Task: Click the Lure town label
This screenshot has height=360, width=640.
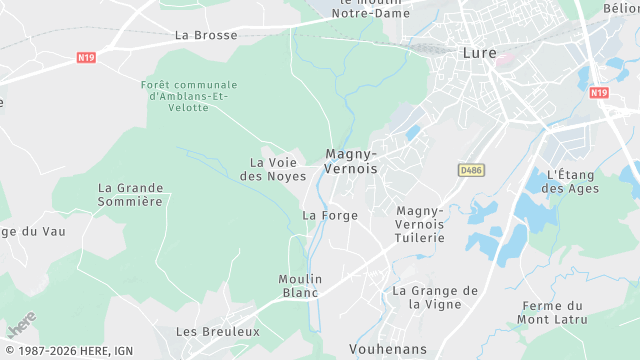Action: (x=481, y=53)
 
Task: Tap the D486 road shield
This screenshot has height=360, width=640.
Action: (x=470, y=170)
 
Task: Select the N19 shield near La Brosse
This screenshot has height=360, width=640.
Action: (x=86, y=58)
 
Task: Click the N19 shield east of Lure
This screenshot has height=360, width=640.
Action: (x=599, y=92)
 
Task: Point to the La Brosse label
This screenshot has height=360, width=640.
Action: (x=206, y=35)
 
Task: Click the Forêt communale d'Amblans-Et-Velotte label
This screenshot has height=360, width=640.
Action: (x=190, y=96)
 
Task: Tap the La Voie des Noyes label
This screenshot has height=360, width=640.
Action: (x=273, y=169)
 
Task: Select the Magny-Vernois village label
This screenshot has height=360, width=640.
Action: (x=352, y=161)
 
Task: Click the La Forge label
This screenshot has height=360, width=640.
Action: (x=330, y=215)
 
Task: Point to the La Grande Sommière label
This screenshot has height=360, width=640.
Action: (x=130, y=194)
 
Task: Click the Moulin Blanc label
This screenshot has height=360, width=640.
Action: (x=299, y=285)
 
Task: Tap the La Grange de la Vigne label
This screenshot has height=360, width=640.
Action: (x=435, y=297)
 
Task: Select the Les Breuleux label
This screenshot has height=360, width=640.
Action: (x=218, y=331)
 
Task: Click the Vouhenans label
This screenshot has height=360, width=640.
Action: (x=388, y=349)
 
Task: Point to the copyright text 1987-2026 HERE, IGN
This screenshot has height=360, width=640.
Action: (x=68, y=351)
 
